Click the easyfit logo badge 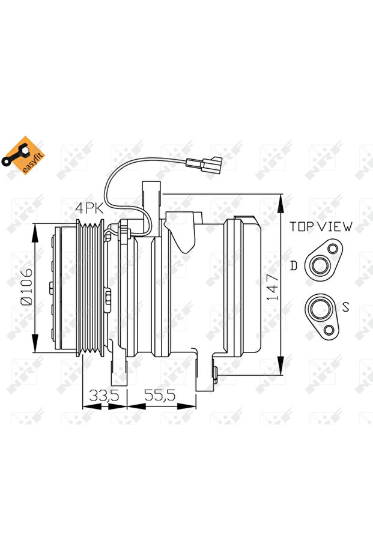pyautogui.click(x=22, y=156)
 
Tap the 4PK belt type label pyautogui.click(x=89, y=208)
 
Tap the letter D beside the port pyautogui.click(x=293, y=265)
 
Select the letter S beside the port pyautogui.click(x=345, y=306)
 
